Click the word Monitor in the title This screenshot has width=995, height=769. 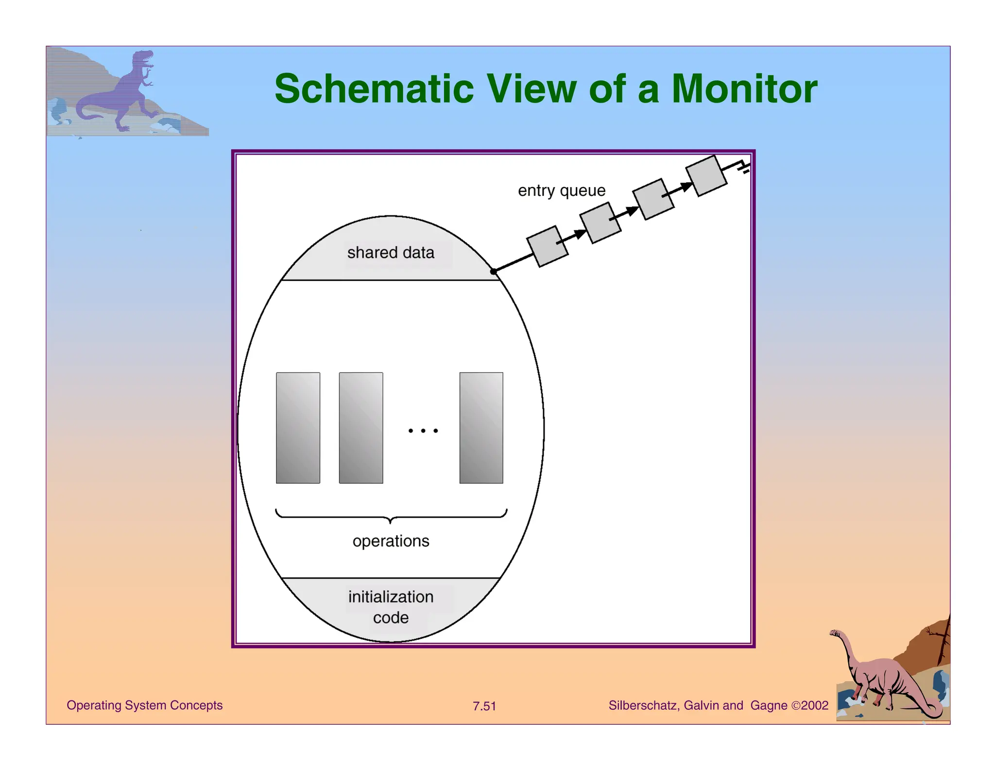744,89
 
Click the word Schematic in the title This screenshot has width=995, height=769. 374,89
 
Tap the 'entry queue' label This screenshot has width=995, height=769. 561,191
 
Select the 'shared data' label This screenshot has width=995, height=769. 391,253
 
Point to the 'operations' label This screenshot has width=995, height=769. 391,541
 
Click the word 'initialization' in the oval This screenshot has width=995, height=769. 391,597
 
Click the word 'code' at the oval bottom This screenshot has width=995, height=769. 391,618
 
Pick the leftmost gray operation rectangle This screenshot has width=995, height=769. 298,428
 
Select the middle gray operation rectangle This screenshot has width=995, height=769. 360,428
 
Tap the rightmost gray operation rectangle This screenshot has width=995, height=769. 481,428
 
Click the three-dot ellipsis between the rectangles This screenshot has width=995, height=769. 423,431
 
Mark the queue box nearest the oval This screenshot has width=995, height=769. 548,246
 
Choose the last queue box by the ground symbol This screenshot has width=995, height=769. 706,176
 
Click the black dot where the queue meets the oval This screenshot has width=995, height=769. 494,271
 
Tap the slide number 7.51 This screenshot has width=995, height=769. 484,706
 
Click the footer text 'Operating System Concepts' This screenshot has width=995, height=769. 144,705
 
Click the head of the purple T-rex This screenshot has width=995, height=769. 143,59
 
